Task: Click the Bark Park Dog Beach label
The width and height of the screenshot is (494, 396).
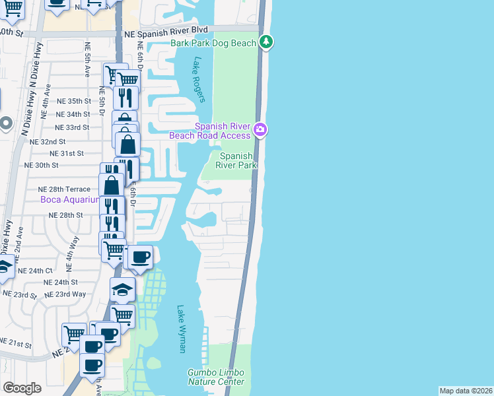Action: point(213,43)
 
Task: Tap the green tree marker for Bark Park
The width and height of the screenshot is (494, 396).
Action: point(266,42)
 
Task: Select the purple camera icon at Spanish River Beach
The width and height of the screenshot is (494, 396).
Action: point(261,129)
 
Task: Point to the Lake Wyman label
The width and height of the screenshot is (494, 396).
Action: point(182,328)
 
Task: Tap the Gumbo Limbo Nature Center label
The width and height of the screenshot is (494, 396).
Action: point(216,377)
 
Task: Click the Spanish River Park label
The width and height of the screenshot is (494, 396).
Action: point(237,160)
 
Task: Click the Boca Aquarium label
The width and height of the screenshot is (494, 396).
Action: point(69,199)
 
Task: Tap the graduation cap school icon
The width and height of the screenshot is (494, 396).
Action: point(122,289)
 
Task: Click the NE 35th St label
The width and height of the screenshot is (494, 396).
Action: point(73,101)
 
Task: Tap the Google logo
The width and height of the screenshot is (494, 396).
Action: point(22,388)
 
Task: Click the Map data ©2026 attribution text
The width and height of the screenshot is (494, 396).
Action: point(466,391)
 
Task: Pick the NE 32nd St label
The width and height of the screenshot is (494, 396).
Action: point(53,141)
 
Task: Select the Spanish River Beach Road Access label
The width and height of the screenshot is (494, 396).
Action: point(209,131)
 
